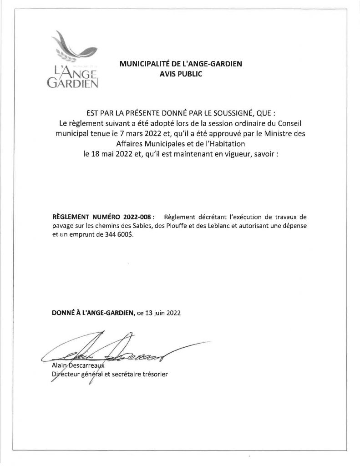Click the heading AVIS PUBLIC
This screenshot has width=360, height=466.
pyautogui.click(x=180, y=73)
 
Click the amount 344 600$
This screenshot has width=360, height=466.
pyautogui.click(x=120, y=235)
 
